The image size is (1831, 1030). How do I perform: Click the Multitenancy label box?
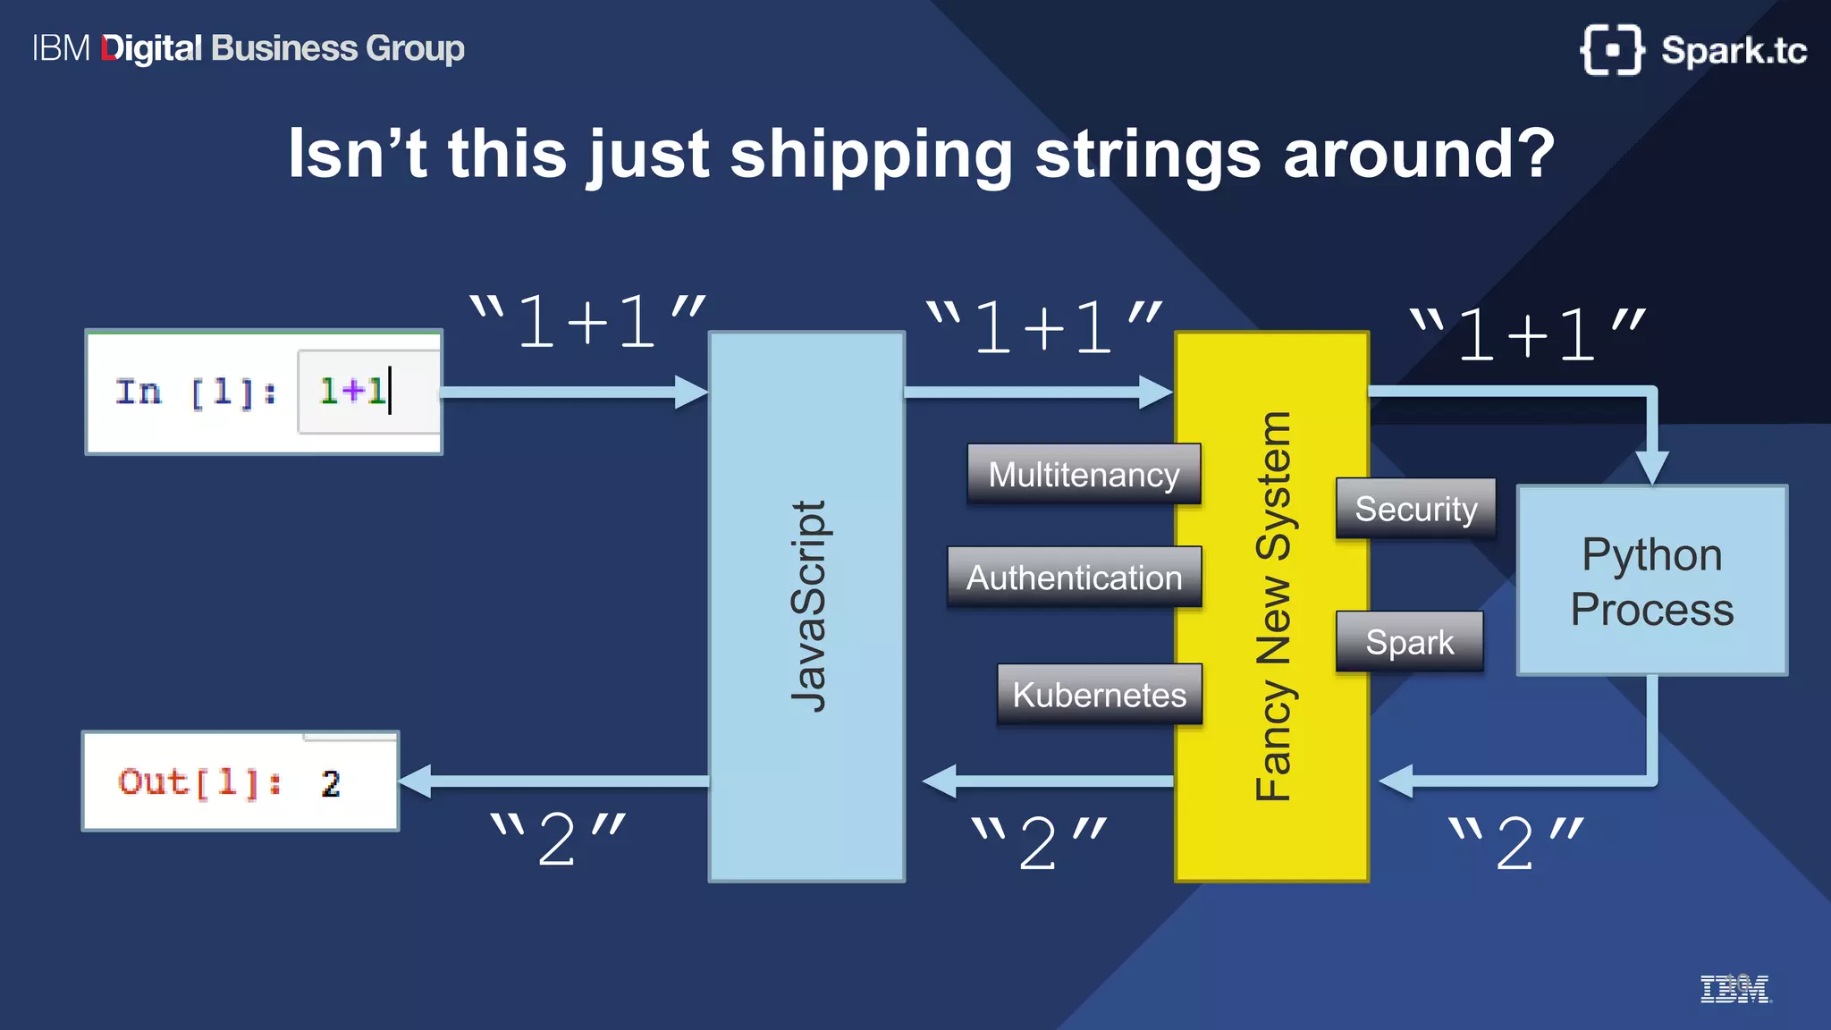point(1084,474)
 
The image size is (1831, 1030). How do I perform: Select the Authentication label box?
point(1074,578)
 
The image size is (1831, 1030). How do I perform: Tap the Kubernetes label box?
point(1099,695)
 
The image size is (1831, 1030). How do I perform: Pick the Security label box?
point(1415,509)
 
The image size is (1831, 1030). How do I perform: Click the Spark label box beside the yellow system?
point(1409,642)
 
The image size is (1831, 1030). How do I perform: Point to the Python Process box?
point(1652,581)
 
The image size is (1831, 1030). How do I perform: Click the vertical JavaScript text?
point(809,606)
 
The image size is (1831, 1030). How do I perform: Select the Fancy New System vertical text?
point(1272,606)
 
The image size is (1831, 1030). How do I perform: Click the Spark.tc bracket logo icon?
point(1611,50)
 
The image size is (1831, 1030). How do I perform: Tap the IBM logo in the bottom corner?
point(1734,989)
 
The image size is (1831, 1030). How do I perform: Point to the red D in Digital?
point(110,48)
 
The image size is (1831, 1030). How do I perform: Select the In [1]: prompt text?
point(196,392)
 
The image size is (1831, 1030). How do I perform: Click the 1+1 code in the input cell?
point(352,392)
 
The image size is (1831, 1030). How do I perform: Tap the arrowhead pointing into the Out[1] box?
point(416,781)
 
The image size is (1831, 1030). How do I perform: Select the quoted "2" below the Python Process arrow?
point(1515,842)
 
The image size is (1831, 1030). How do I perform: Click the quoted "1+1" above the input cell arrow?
point(587,322)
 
